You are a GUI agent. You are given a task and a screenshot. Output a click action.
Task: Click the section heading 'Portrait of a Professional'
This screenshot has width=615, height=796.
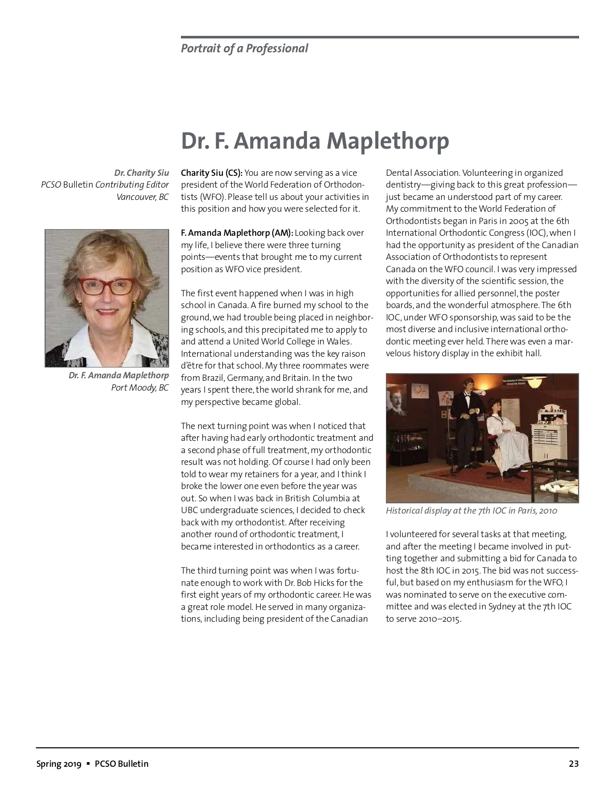244,49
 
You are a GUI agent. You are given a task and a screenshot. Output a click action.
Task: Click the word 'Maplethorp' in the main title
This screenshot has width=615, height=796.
387,141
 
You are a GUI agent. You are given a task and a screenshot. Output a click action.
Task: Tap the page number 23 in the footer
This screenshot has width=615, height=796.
573,764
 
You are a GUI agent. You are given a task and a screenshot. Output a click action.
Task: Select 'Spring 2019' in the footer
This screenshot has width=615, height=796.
58,764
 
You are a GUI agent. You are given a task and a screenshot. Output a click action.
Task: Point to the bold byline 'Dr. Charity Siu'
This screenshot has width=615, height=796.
141,173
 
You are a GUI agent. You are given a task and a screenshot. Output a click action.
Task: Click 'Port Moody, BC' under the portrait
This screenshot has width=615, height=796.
139,387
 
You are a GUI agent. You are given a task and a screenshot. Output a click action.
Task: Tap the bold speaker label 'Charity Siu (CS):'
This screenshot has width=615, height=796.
212,173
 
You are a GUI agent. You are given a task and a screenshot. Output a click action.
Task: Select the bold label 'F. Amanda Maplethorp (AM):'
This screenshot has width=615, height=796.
237,233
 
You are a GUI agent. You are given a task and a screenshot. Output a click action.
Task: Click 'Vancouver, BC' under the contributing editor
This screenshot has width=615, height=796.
142,197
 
